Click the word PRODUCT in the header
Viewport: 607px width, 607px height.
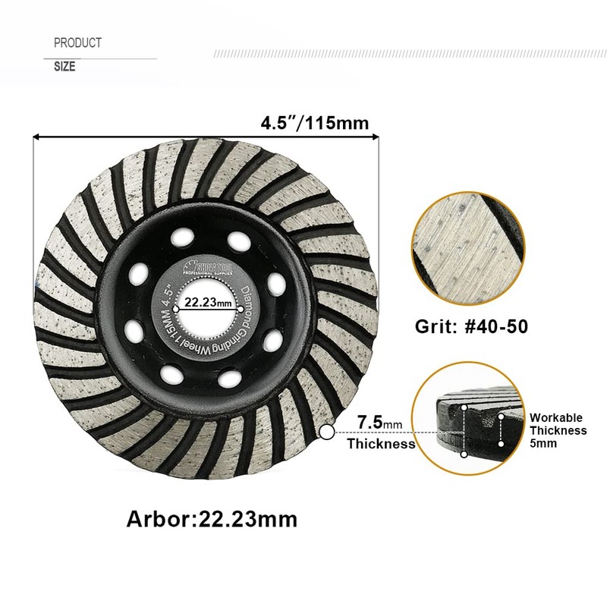point(77,43)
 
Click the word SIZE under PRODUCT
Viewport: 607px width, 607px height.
point(64,67)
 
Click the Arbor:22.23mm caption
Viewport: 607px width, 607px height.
point(212,519)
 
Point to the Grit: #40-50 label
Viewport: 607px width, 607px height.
point(471,327)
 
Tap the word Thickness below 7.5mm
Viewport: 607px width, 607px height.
point(381,444)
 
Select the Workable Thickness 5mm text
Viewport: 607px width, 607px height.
point(558,430)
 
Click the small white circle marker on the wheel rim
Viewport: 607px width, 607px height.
point(327,432)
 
